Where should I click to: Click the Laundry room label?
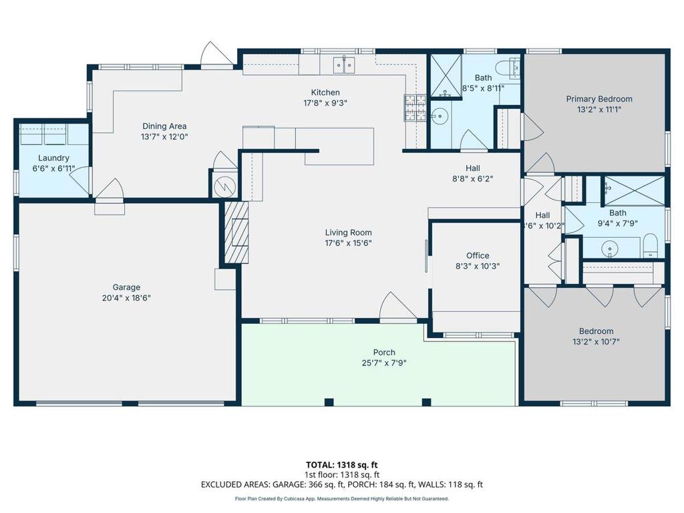tap(53, 158)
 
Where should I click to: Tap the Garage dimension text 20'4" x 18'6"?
tap(126, 298)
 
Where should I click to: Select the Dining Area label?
tap(164, 126)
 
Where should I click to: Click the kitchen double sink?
tap(344, 65)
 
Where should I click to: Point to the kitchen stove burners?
tap(415, 108)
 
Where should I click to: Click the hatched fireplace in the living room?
tap(236, 232)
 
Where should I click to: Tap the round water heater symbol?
tap(225, 187)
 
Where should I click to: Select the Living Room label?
tap(349, 232)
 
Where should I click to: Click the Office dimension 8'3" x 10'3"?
tap(478, 266)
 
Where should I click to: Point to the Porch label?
tap(384, 352)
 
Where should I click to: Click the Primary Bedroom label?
tap(599, 99)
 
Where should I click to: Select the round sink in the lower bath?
tap(610, 249)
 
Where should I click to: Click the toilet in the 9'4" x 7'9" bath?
tap(651, 246)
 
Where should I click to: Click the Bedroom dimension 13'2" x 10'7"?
tap(596, 341)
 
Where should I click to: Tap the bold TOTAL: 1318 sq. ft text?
tap(342, 465)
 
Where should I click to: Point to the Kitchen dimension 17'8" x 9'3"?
tap(325, 103)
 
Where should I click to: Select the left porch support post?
tap(329, 402)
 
